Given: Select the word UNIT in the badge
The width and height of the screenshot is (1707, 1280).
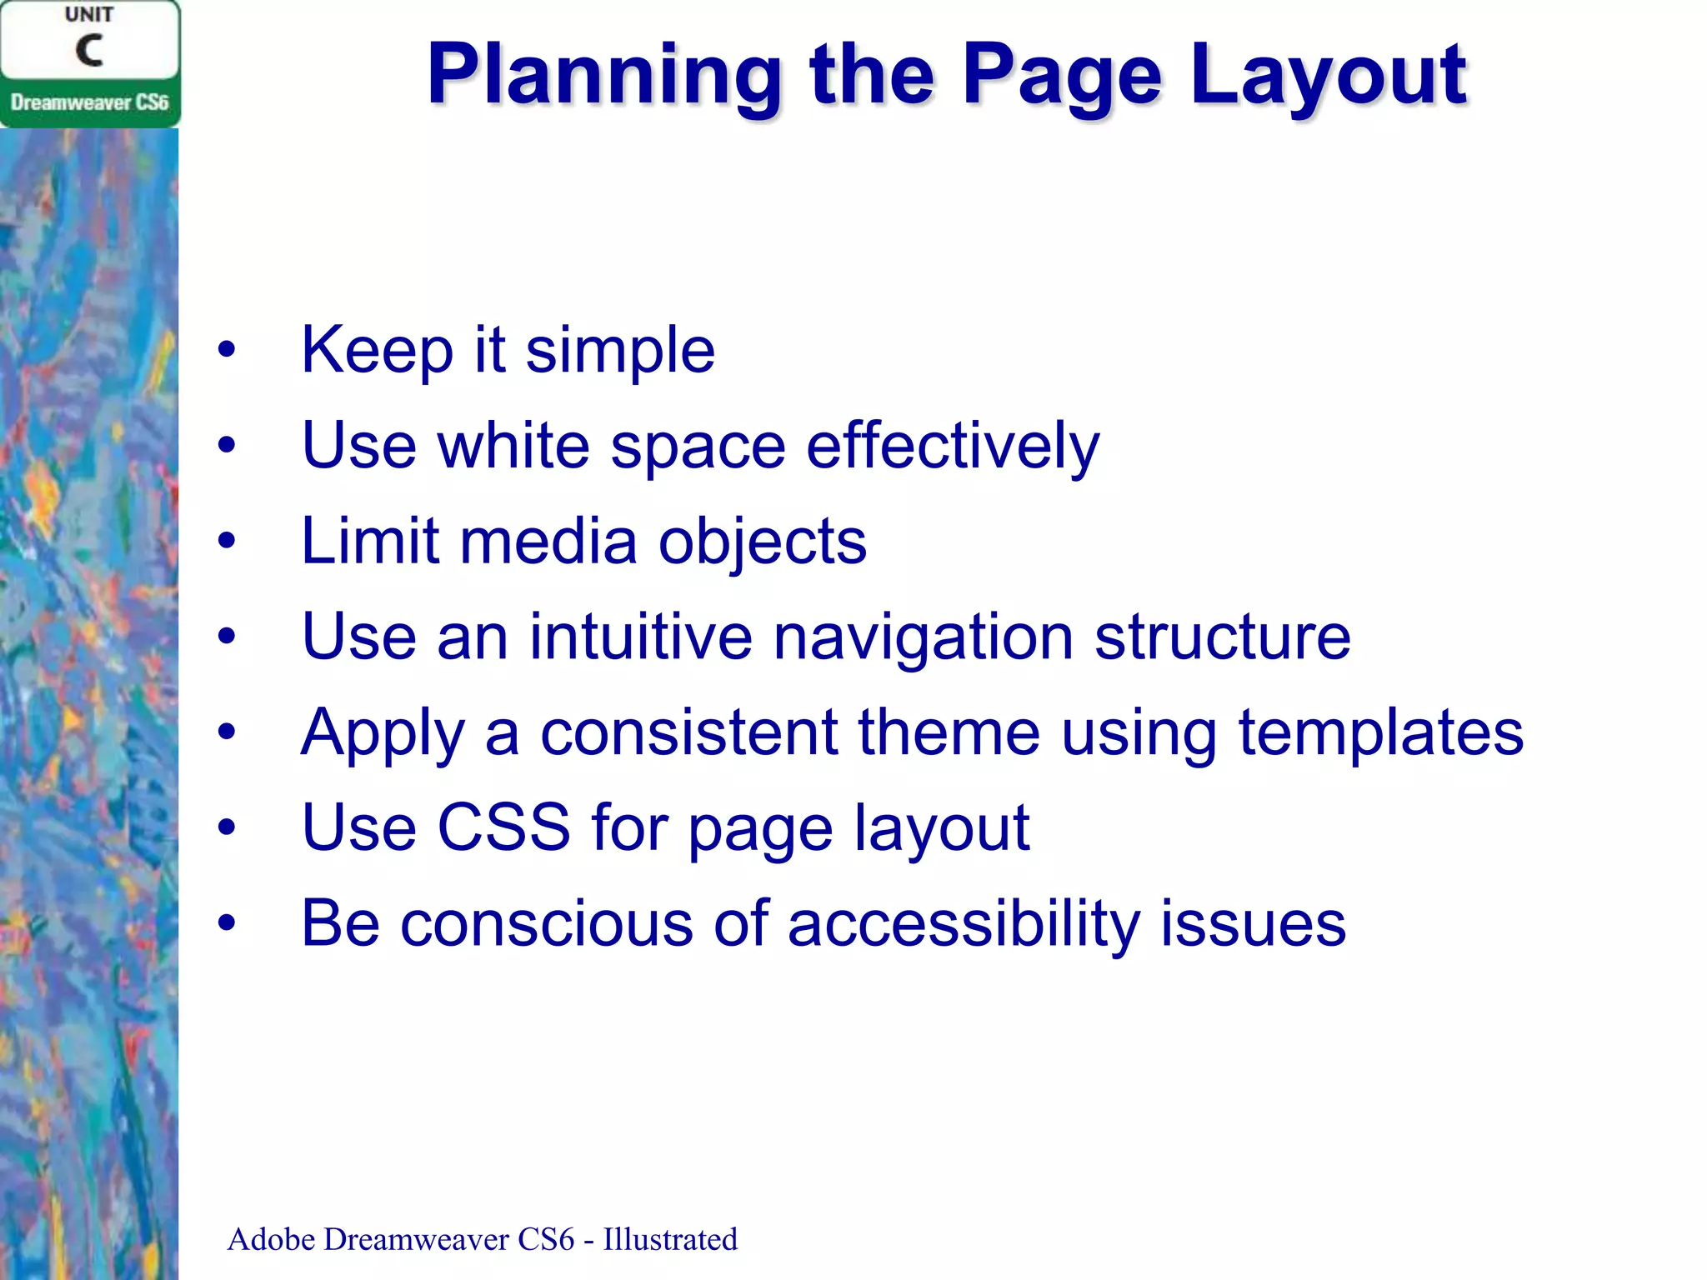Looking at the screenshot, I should pyautogui.click(x=89, y=15).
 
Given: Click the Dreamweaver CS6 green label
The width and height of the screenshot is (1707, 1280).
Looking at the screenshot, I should pyautogui.click(x=89, y=102).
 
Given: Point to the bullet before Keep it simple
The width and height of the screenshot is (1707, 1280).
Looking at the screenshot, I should pyautogui.click(x=227, y=350).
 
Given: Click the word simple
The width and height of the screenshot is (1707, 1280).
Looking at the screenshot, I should pyautogui.click(x=620, y=350).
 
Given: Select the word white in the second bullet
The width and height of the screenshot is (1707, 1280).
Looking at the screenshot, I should pyautogui.click(x=513, y=446).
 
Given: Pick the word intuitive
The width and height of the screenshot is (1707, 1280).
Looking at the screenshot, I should pyautogui.click(x=640, y=637).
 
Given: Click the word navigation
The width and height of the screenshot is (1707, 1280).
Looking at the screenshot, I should pyautogui.click(x=923, y=637).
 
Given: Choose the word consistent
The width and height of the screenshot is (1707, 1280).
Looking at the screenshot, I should pyautogui.click(x=688, y=732).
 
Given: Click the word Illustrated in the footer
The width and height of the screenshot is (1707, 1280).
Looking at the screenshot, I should pyautogui.click(x=670, y=1239).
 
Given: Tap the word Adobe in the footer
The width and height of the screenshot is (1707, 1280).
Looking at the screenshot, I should pyautogui.click(x=271, y=1239).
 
